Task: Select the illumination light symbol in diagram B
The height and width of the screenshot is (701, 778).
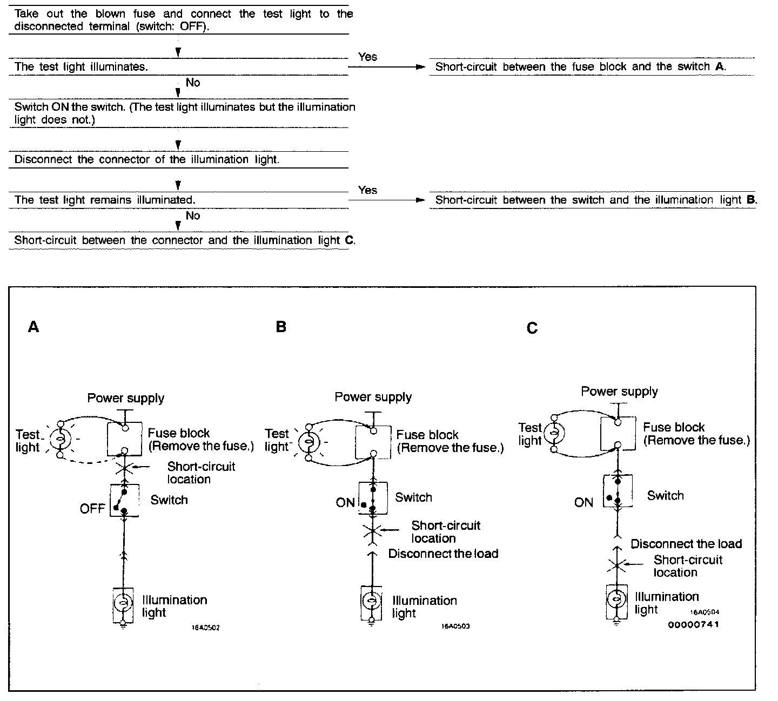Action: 371,600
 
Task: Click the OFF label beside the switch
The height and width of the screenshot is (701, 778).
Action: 92,509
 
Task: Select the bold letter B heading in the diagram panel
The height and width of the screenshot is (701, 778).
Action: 281,327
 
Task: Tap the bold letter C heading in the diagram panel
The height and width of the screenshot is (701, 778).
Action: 532,328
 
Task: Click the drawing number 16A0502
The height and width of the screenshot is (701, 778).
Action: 205,628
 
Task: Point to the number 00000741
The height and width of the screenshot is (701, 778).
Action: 694,625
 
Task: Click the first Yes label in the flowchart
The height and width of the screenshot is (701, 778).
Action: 367,57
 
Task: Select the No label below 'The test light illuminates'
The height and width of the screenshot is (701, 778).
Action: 193,83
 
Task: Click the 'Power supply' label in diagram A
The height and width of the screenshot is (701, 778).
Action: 126,398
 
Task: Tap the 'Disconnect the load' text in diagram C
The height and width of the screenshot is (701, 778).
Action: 686,544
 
